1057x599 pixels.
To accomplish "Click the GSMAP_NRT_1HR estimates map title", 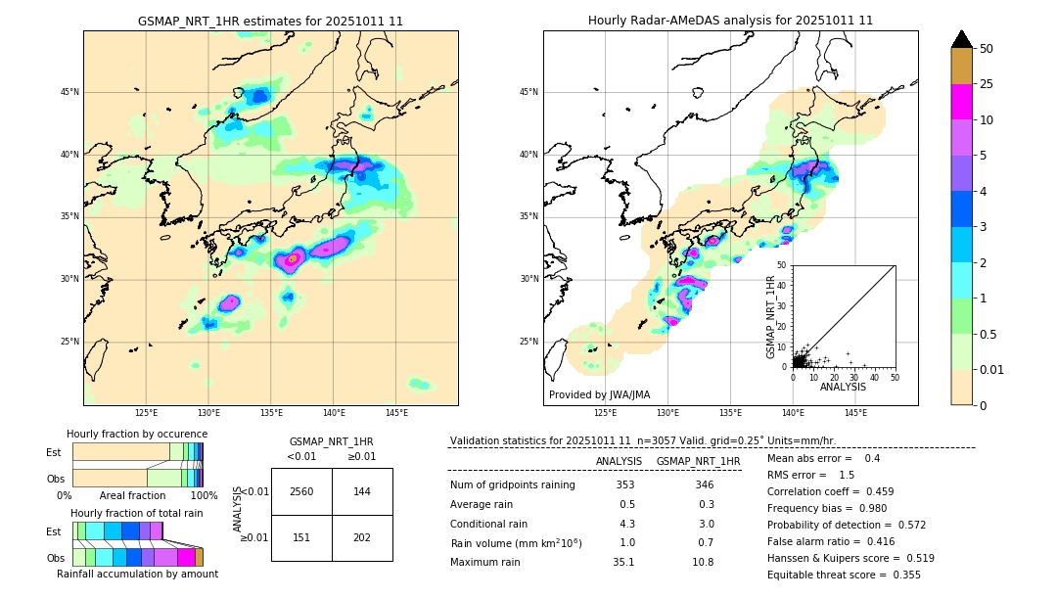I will [270, 21].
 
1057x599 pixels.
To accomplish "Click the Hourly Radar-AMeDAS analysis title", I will [730, 21].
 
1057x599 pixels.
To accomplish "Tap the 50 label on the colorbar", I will [987, 49].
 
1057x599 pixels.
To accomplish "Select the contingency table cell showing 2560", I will [301, 491].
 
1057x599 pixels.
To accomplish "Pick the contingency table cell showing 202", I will [362, 537].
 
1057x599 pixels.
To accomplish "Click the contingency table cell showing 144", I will [362, 491].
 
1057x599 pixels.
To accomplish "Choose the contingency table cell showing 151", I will [301, 537].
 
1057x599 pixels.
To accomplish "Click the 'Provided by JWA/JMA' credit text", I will [599, 395].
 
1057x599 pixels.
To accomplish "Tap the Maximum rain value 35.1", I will [623, 562].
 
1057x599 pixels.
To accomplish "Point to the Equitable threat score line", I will [844, 575].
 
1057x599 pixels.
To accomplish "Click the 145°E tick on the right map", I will [855, 414].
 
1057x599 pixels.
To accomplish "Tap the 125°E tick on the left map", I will [146, 414].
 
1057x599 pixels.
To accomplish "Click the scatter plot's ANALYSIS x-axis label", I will [843, 387].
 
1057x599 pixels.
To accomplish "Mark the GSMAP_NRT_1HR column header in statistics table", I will [698, 461].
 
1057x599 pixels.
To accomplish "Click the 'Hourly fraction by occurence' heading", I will [137, 434].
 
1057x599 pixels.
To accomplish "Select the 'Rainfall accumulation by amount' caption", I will [137, 575].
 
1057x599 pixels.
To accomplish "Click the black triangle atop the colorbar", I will [962, 39].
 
